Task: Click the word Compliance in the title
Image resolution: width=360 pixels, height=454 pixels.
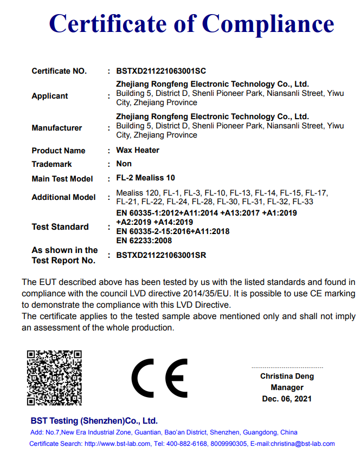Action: pyautogui.click(x=268, y=24)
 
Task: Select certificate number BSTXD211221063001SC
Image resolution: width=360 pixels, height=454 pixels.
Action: pyautogui.click(x=161, y=71)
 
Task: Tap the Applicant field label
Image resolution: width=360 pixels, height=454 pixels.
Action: pyautogui.click(x=50, y=96)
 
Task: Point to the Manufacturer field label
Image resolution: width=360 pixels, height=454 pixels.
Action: pyautogui.click(x=57, y=128)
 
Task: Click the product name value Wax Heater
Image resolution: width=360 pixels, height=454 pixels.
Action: pyautogui.click(x=138, y=150)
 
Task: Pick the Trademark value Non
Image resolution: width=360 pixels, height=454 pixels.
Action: pyautogui.click(x=124, y=164)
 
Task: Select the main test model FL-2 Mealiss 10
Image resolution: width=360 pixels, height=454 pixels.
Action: pyautogui.click(x=146, y=178)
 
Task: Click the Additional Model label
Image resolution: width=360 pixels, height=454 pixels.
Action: pyautogui.click(x=63, y=197)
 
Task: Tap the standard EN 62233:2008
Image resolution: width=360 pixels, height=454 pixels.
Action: pyautogui.click(x=144, y=241)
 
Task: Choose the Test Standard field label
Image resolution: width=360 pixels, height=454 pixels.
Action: pyautogui.click(x=60, y=227)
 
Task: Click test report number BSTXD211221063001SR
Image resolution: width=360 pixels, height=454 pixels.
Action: pyautogui.click(x=161, y=255)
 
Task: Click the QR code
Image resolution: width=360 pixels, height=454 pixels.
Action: pyautogui.click(x=54, y=378)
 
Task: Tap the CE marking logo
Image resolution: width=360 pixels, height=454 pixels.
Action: pyautogui.click(x=159, y=378)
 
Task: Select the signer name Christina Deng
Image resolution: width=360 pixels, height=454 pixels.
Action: pyautogui.click(x=287, y=376)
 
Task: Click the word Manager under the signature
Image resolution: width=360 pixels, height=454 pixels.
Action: pyautogui.click(x=287, y=387)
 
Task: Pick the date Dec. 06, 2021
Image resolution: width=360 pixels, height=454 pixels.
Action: pyautogui.click(x=287, y=399)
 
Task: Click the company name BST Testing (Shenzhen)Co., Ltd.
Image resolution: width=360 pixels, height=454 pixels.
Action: pyautogui.click(x=94, y=420)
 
